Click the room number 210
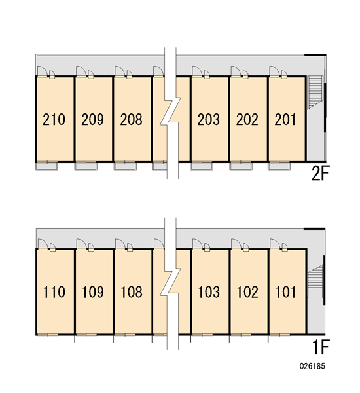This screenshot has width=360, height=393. [54, 119]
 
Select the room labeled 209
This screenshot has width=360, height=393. [92, 119]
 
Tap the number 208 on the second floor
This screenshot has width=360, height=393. [132, 119]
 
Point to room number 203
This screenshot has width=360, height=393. [208, 119]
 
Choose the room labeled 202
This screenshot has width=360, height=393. [247, 119]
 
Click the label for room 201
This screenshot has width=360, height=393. [285, 119]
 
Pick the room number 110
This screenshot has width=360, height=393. [54, 292]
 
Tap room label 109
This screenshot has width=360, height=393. [93, 292]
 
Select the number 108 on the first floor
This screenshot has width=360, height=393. [132, 292]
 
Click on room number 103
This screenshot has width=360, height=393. [209, 292]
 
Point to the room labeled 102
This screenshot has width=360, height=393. [247, 292]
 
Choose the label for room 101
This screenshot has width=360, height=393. [285, 292]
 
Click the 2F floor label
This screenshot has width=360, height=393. [321, 173]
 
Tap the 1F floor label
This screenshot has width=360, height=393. [321, 347]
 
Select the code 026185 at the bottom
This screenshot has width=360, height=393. [312, 366]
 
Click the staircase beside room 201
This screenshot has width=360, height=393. [315, 92]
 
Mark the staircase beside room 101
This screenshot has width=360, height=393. [315, 276]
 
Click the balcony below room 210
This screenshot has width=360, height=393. [47, 166]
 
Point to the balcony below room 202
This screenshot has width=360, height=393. [241, 166]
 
